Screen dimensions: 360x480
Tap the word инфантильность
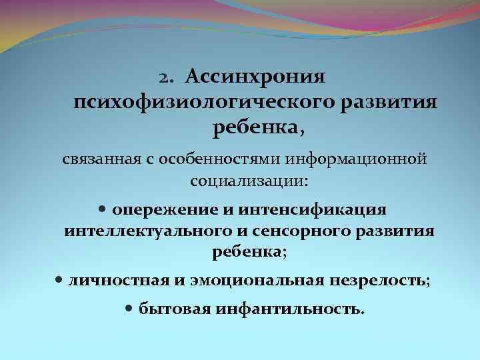(x=291, y=310)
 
